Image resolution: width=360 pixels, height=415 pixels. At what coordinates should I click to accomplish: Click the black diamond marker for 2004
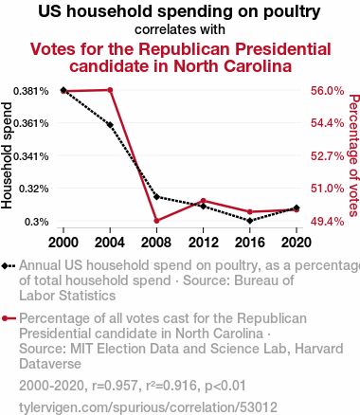pos(110,125)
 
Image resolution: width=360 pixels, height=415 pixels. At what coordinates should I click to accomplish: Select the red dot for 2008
pos(156,221)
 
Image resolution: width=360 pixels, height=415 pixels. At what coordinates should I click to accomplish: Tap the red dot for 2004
pos(110,90)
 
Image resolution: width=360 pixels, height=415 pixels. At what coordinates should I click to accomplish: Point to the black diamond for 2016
pos(250,221)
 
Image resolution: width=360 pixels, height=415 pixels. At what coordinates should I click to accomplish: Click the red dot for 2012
pos(204,201)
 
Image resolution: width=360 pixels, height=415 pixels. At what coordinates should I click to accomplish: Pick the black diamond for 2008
pos(156,197)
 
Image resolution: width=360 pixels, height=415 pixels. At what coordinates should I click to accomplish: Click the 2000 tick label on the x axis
pos(63,243)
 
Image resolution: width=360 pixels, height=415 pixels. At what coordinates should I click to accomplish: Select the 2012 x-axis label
pos(204,243)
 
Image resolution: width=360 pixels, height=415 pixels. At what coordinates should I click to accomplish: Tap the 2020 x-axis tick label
pos(297,243)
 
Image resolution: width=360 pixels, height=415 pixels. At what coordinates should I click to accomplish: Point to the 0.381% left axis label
pos(31,91)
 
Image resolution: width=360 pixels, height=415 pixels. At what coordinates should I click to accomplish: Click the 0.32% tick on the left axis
pos(34,189)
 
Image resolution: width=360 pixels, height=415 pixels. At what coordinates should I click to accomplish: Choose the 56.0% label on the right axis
pos(327,91)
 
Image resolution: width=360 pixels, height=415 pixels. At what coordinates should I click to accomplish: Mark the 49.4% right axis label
pos(327,222)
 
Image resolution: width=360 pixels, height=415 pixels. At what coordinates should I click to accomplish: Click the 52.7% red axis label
pos(327,156)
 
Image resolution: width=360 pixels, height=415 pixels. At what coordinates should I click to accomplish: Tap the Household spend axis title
pos(7,155)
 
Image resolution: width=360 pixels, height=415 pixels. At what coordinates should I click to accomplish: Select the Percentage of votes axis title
pos(354,155)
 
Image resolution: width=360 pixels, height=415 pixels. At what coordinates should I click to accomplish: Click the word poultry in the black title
pos(292,12)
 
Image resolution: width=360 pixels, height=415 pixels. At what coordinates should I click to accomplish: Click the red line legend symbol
pos(9,318)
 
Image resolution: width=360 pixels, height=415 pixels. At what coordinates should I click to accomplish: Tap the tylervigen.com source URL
pos(148,406)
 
